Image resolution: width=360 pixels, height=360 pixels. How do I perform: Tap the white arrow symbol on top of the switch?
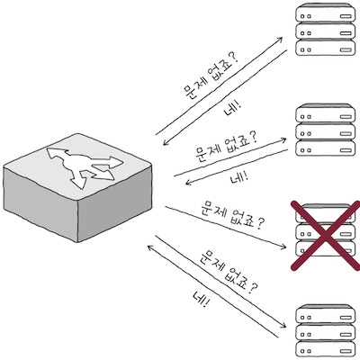click(x=81, y=163)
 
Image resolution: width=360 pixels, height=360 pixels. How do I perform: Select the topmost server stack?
click(x=321, y=31)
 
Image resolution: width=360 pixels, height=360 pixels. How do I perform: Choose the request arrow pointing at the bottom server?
click(x=225, y=278)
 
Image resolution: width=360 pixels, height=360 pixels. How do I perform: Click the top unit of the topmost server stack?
click(x=321, y=14)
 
